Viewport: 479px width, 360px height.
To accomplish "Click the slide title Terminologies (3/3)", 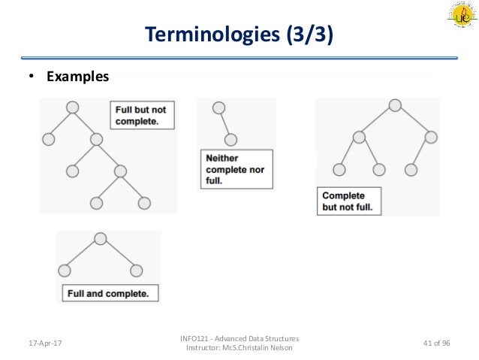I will (239, 35).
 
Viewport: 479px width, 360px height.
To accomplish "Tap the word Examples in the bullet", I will (77, 77).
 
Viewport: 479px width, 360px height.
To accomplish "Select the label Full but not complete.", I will (140, 114).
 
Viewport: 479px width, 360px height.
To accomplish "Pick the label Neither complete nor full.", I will (235, 170).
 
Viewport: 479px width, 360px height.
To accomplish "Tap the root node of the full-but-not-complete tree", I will (73, 107).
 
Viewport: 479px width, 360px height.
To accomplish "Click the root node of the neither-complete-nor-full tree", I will (218, 107).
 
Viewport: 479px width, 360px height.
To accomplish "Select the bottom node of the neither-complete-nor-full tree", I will (231, 139).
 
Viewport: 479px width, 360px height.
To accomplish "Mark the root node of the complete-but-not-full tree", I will (395, 105).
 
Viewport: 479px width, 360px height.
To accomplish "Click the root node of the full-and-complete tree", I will (100, 239).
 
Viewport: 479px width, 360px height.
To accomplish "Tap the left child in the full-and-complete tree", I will (65, 270).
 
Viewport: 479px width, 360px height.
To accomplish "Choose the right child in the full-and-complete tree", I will (136, 270).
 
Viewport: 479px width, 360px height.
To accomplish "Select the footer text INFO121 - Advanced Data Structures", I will (238, 338).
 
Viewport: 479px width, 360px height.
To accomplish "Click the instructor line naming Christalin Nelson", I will (238, 348).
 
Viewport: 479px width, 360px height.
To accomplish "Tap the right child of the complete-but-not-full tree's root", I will (430, 137).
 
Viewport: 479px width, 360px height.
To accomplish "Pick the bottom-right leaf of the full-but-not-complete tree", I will (144, 203).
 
